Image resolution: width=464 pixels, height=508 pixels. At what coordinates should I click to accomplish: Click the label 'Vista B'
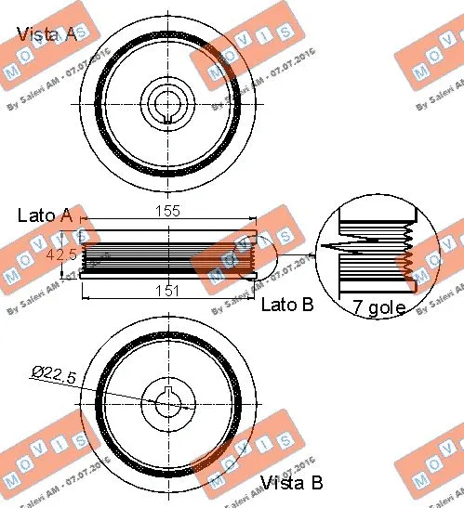coord(291,482)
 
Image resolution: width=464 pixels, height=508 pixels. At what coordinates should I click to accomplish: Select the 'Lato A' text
coord(45,215)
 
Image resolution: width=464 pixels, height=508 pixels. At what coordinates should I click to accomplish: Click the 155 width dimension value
coord(167,212)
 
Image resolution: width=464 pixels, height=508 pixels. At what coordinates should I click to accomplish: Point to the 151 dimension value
coord(167,292)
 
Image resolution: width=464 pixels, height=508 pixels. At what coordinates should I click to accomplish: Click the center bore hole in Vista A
coord(167,99)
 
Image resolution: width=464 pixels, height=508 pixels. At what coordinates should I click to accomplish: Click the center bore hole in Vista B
coord(168,405)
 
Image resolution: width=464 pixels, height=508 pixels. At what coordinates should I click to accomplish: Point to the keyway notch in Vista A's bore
coord(167,116)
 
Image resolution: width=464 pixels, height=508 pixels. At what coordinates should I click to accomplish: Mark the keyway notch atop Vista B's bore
coord(168,389)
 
